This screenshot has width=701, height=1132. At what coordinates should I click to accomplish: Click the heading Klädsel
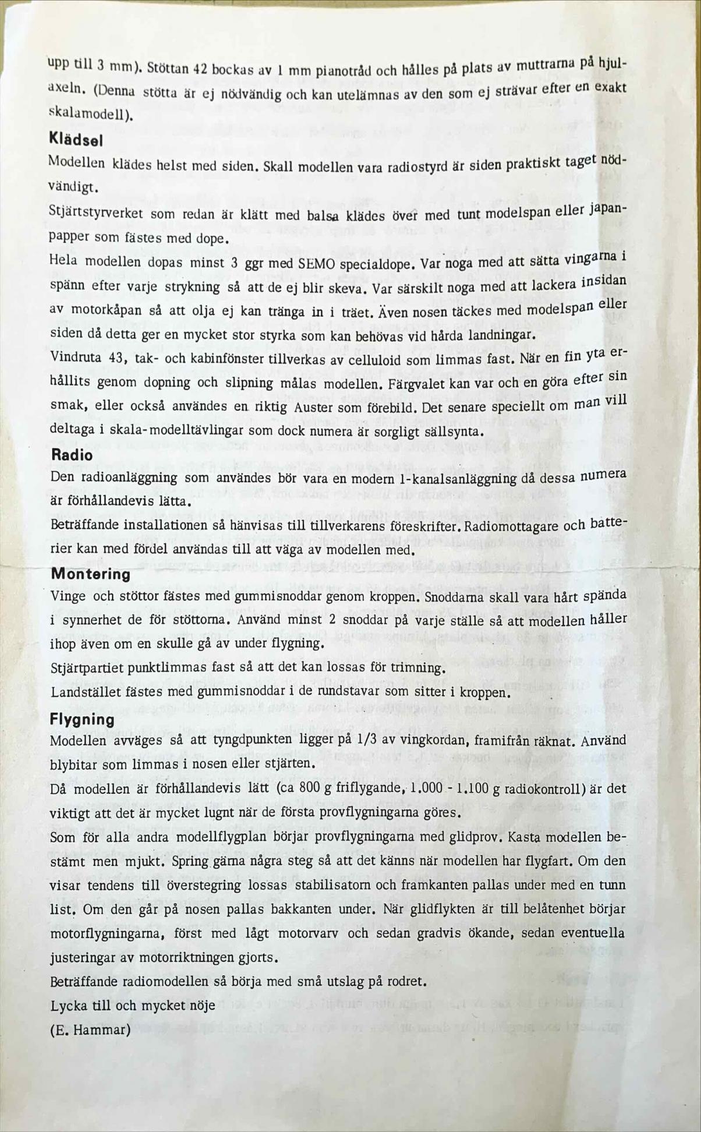point(76,140)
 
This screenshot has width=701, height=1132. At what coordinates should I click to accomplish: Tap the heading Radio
point(72,455)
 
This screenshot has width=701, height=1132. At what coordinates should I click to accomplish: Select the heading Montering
point(90,574)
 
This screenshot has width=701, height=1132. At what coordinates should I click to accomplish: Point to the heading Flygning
point(82,719)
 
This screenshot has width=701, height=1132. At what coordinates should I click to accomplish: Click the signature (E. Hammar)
point(90,1030)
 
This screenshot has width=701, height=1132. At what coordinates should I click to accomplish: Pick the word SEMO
point(316,263)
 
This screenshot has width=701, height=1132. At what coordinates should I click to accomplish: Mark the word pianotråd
point(341,71)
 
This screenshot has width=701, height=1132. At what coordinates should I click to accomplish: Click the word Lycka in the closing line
point(69,1006)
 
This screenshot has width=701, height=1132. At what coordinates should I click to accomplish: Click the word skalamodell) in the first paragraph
point(90,114)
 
